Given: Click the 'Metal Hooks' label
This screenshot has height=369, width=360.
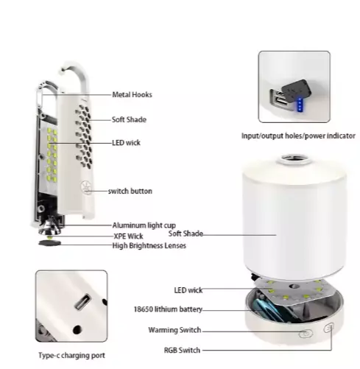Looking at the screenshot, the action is [132, 95].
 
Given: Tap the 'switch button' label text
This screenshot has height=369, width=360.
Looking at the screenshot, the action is [130, 191].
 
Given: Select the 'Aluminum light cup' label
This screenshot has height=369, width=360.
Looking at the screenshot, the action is [144, 225].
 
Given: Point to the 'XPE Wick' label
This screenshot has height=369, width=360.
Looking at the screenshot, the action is [128, 236].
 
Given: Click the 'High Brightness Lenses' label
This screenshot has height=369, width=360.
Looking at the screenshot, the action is [149, 245].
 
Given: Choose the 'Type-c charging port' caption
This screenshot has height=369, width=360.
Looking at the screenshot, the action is [71, 355].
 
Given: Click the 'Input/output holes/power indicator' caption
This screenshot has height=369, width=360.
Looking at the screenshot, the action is [298, 136].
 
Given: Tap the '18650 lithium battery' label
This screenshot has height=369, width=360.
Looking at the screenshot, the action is [168, 309].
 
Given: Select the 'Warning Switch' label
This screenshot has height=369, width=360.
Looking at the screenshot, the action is [174, 330].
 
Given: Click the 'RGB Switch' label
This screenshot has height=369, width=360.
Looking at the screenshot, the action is [182, 351].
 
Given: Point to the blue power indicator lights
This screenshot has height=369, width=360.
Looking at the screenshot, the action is [300, 105].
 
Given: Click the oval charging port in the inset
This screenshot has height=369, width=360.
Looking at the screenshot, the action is [82, 302].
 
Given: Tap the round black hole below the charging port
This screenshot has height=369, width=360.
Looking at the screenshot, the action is [77, 329].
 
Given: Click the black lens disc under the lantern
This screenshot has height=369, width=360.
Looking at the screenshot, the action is [49, 243].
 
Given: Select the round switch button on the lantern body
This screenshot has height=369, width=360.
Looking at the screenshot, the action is [86, 188].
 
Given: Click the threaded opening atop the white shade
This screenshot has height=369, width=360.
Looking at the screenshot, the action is [294, 159].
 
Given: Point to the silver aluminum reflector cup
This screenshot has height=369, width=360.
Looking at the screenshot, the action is [49, 228].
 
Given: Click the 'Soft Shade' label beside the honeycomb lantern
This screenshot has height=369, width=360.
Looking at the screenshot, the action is [129, 119].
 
